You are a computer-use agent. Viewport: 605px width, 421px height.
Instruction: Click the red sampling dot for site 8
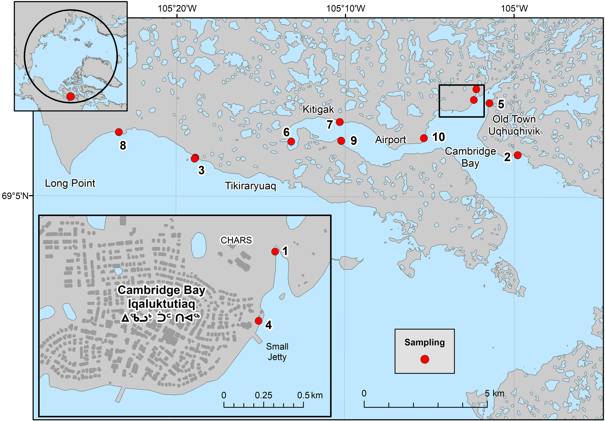click(119, 132)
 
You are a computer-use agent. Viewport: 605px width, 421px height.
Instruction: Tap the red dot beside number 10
click(424, 138)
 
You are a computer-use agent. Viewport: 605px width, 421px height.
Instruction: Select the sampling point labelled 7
click(340, 122)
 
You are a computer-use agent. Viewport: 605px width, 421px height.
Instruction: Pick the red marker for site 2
click(518, 155)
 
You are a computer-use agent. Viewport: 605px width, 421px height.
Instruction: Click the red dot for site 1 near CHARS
click(275, 252)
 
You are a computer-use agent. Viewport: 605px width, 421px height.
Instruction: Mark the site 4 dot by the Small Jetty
click(258, 321)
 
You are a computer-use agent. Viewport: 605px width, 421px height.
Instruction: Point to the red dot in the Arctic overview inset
click(70, 97)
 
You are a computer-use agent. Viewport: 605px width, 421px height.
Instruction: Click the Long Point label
click(70, 183)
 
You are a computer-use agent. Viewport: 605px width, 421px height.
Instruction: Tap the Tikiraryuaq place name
click(250, 186)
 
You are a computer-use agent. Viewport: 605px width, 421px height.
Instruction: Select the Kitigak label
click(318, 109)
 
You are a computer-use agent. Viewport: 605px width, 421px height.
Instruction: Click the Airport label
click(391, 140)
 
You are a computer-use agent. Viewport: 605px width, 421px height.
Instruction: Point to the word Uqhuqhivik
click(514, 131)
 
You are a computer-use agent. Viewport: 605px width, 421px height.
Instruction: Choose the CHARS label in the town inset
click(236, 240)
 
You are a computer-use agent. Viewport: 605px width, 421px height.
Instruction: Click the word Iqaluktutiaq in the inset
click(161, 304)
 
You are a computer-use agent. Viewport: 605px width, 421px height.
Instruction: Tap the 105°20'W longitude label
click(177, 8)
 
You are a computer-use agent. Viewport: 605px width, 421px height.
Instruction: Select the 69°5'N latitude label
click(15, 196)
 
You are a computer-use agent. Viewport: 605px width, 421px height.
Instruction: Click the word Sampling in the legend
click(424, 342)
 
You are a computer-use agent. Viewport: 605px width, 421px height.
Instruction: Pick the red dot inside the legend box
click(424, 359)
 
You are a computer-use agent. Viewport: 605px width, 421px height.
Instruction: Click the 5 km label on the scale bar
click(494, 393)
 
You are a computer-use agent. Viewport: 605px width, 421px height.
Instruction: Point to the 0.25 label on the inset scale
click(263, 395)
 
